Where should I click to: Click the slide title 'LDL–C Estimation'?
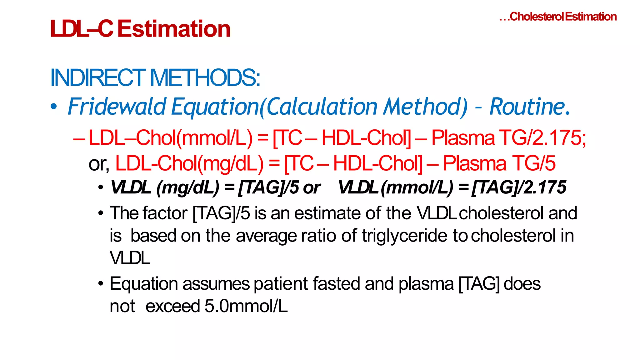coord(140,29)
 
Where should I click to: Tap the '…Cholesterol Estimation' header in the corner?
coord(558,17)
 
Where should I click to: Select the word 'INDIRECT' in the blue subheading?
coord(97,78)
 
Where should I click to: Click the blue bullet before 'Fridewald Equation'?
coord(54,107)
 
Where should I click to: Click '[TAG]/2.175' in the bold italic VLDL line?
coord(519,187)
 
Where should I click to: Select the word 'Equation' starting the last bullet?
coord(144,284)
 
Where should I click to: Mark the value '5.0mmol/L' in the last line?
coord(246,306)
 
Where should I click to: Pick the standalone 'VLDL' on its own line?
coord(130,258)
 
